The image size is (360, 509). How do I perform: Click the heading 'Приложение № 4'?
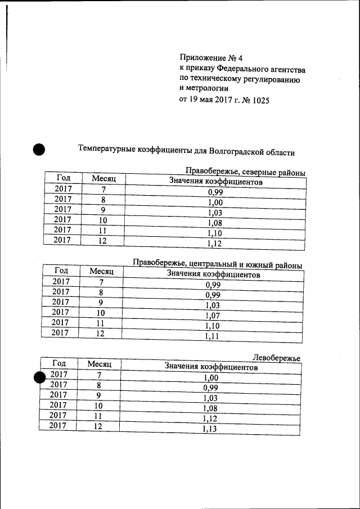coord(210,58)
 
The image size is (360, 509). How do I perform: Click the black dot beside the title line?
coord(38,149)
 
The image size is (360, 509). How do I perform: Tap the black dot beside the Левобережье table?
coord(40,377)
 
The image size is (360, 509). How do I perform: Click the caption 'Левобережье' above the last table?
coord(276,358)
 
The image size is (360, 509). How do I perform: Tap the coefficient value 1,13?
coord(209,429)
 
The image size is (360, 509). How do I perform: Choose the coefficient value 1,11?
coord(212,337)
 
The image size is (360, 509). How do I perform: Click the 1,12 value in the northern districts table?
coord(214,244)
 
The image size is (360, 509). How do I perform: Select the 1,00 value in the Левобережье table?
coord(210,379)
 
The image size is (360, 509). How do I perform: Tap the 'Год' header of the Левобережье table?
coord(59,363)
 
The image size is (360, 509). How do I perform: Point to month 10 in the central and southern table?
coord(101,313)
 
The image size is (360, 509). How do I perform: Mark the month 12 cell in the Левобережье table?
coord(98,426)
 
